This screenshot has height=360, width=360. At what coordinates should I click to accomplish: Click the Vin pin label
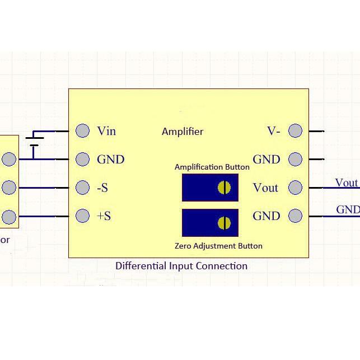pyautogui.click(x=106, y=131)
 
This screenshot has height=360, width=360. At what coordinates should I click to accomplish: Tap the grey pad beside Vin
pyautogui.click(x=82, y=130)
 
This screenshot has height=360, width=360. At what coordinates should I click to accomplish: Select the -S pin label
pyautogui.click(x=102, y=188)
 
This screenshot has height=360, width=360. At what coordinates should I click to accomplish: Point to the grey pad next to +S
pyautogui.click(x=82, y=216)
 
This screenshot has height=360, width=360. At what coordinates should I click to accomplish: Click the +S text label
pyautogui.click(x=104, y=216)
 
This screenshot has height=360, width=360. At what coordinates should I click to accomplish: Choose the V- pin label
pyautogui.click(x=273, y=131)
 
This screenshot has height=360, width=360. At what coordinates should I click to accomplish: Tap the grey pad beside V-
pyautogui.click(x=295, y=130)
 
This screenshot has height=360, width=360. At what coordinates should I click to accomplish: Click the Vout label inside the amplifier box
pyautogui.click(x=265, y=188)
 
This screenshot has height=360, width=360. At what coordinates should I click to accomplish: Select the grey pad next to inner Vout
pyautogui.click(x=295, y=187)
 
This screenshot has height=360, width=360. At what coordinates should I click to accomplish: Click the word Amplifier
pyautogui.click(x=183, y=132)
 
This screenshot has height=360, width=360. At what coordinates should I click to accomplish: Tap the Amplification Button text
pyautogui.click(x=212, y=167)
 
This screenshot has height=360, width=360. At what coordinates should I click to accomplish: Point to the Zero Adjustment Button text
pyautogui.click(x=218, y=246)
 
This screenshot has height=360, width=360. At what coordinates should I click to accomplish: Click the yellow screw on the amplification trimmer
pyautogui.click(x=224, y=188)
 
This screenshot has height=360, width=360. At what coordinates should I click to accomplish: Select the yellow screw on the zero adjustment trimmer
pyautogui.click(x=224, y=223)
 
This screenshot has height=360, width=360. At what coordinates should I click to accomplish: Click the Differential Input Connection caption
pyautogui.click(x=181, y=266)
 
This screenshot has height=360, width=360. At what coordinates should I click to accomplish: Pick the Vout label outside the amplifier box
pyautogui.click(x=346, y=183)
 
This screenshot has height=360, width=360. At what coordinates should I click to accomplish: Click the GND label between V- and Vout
pyautogui.click(x=267, y=160)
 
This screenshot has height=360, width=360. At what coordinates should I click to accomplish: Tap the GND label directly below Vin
pyautogui.click(x=110, y=160)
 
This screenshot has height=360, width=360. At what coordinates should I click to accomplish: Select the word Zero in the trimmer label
pyautogui.click(x=183, y=246)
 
